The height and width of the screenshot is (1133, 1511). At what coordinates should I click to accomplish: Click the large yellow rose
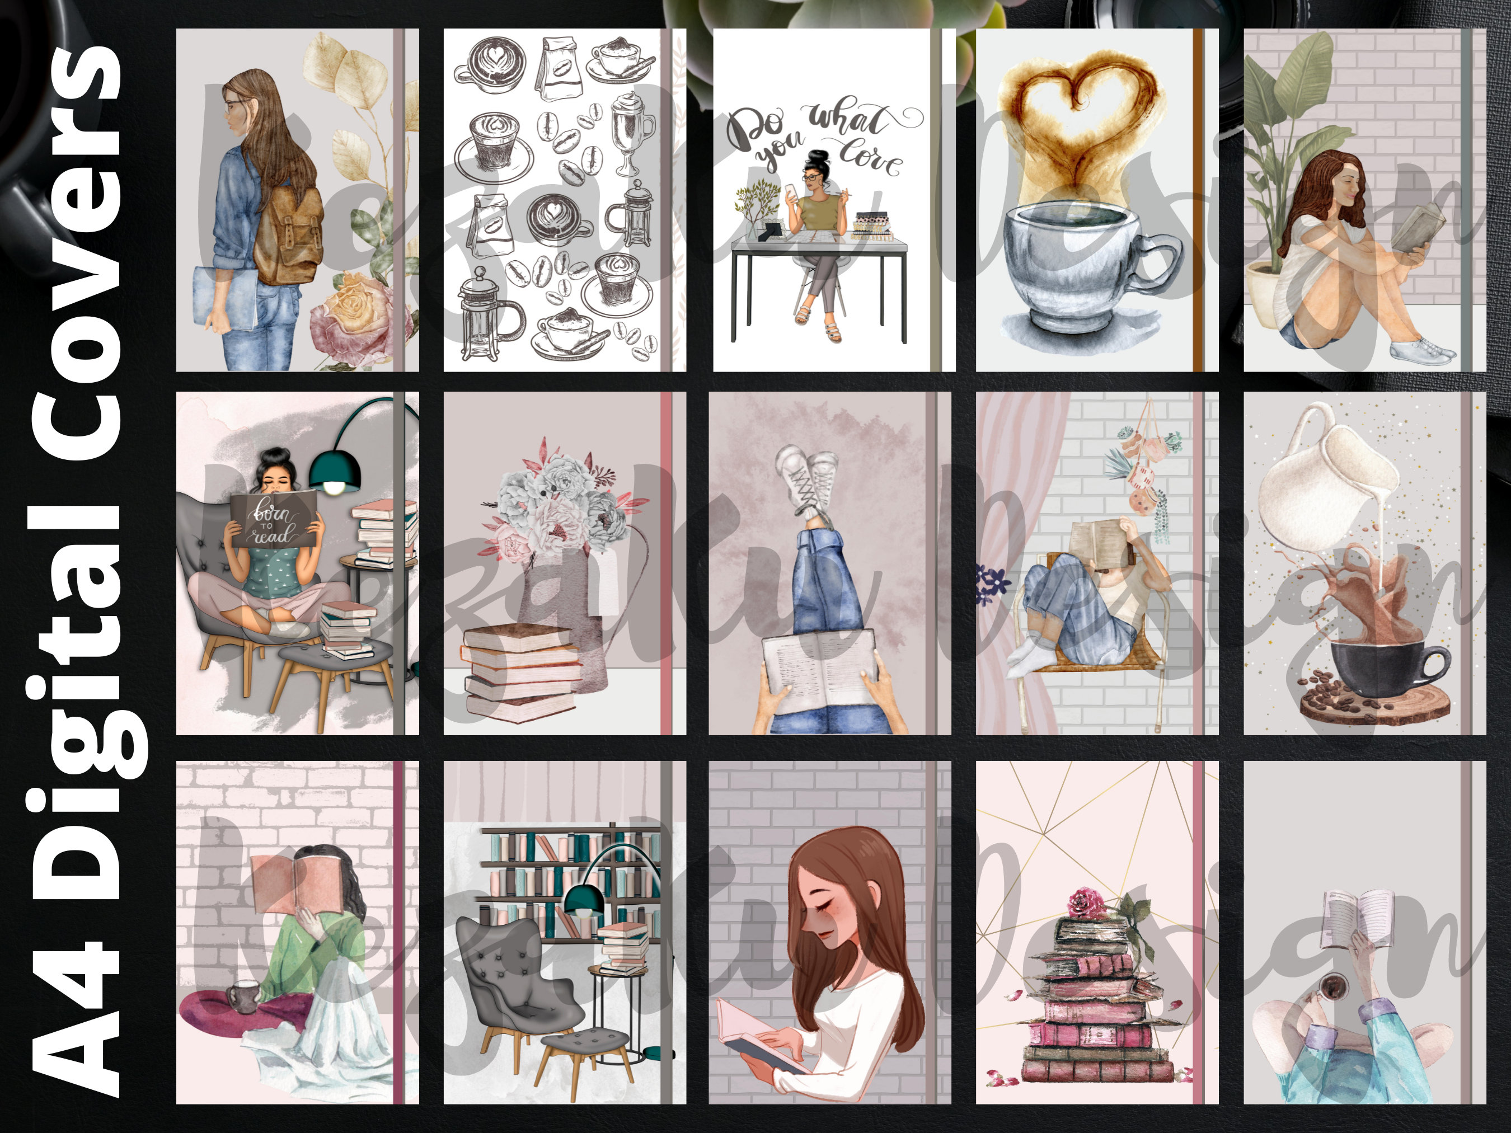click(356, 300)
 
